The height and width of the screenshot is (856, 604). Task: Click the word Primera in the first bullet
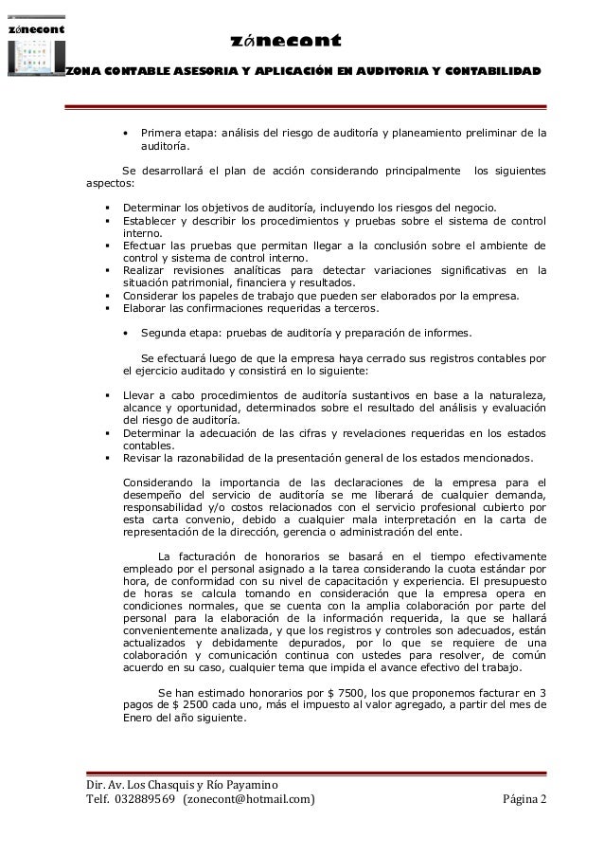click(x=161, y=134)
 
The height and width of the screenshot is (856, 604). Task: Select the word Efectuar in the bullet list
click(x=150, y=246)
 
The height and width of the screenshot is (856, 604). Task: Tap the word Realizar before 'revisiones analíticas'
click(x=148, y=270)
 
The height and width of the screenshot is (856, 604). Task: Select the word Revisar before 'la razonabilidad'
click(x=146, y=456)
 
